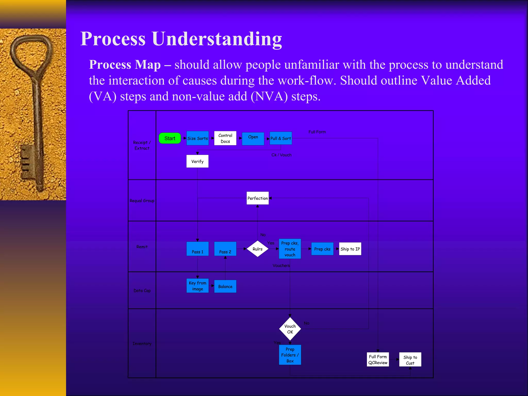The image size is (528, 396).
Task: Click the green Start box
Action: tap(170, 138)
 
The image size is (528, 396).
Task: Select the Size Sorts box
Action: tap(197, 138)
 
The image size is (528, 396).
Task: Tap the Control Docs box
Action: tap(225, 138)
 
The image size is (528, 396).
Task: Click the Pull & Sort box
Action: tap(280, 138)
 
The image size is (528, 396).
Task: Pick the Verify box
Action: tap(197, 161)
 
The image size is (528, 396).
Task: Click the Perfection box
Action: tap(257, 198)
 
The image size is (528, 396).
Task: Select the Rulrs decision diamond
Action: tap(257, 249)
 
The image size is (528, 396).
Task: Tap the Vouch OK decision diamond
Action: tap(290, 329)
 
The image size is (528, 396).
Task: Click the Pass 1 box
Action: tap(197, 249)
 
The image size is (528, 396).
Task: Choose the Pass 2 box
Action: tap(225, 249)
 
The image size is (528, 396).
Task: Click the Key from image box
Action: tap(197, 286)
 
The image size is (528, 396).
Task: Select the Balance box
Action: tap(225, 286)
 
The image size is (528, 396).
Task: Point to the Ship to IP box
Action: tap(350, 249)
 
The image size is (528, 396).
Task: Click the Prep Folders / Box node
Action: tap(290, 355)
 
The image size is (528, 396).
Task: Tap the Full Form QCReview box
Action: tap(378, 359)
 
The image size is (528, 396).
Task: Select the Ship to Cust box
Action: tap(410, 360)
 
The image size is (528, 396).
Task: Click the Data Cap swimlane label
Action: tap(142, 291)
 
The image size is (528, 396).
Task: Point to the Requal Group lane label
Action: tap(142, 201)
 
